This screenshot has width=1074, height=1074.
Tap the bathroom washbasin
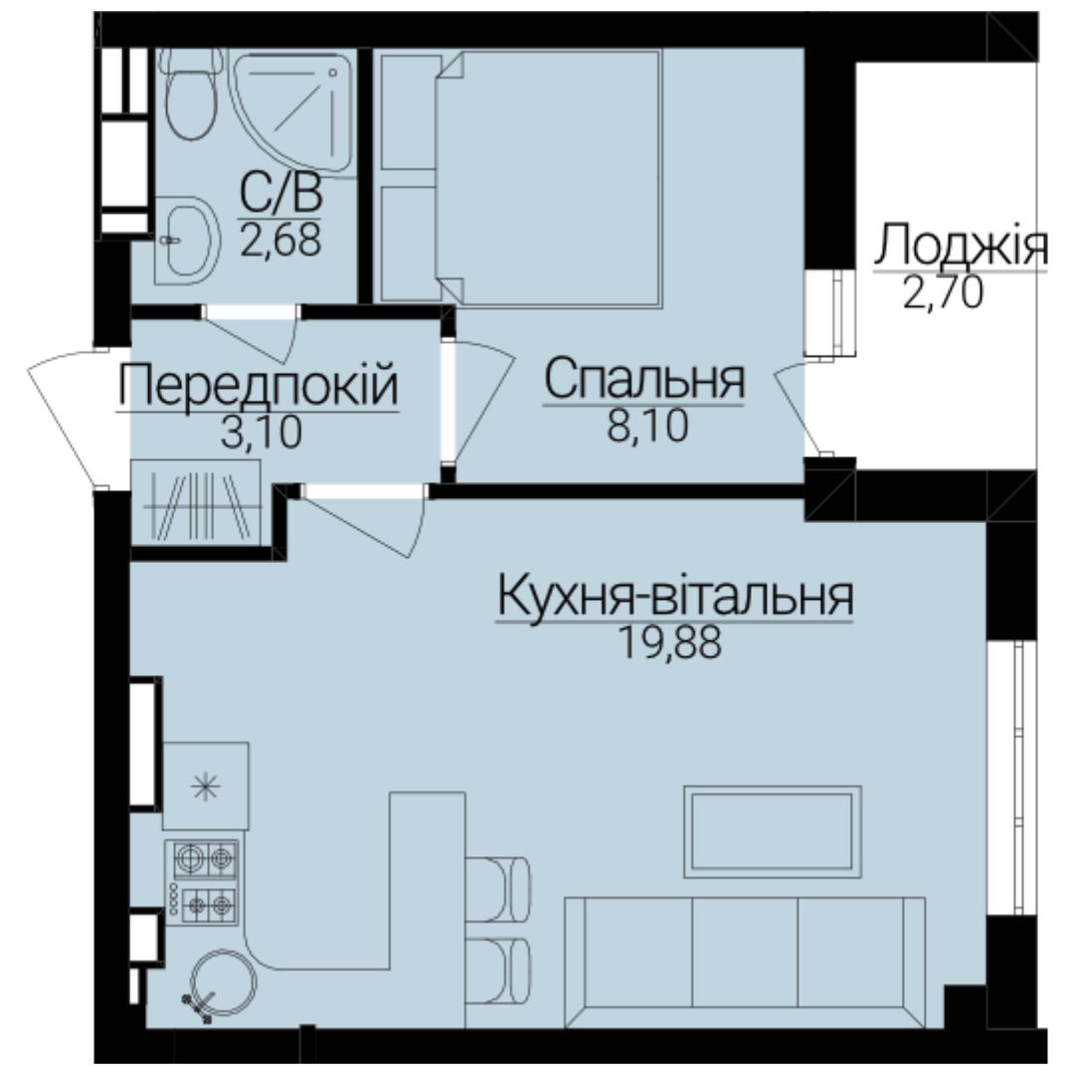(x=186, y=241)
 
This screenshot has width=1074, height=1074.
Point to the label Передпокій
(x=258, y=387)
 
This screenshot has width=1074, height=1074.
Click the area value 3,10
(x=261, y=433)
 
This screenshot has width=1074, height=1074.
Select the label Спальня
(x=643, y=380)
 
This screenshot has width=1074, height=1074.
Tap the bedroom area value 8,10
(x=647, y=426)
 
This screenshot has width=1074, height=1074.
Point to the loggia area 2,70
(x=943, y=292)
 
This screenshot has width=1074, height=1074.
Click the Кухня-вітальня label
(x=674, y=596)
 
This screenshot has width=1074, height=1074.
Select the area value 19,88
(x=670, y=642)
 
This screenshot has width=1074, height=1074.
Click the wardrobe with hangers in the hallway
(x=196, y=503)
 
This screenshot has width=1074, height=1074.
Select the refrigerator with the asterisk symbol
(x=206, y=787)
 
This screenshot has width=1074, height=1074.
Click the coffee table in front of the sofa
(x=773, y=831)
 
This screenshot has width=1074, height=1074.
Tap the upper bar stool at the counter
(x=498, y=889)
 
